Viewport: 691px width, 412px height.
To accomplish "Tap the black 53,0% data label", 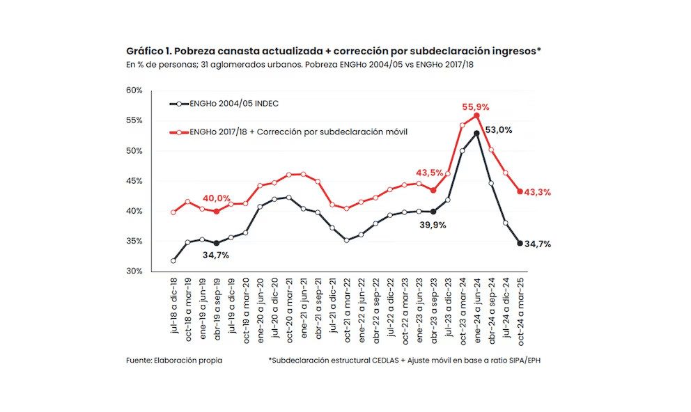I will (499, 129).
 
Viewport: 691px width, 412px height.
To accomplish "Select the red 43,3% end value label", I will (537, 192).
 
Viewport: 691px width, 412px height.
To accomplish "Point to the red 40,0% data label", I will (217, 199).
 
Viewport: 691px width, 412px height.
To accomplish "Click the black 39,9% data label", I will (432, 225).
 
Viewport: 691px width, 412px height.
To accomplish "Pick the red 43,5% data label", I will (430, 173).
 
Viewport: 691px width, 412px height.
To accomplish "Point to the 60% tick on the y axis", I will (134, 90).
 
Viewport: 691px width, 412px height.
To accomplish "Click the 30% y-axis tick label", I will (134, 271).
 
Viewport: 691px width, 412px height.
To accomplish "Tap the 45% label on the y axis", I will (134, 181).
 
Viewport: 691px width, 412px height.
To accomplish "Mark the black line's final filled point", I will (520, 243).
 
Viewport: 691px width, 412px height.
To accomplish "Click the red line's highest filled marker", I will (477, 116).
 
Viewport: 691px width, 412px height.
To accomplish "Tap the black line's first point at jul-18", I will (173, 260).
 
